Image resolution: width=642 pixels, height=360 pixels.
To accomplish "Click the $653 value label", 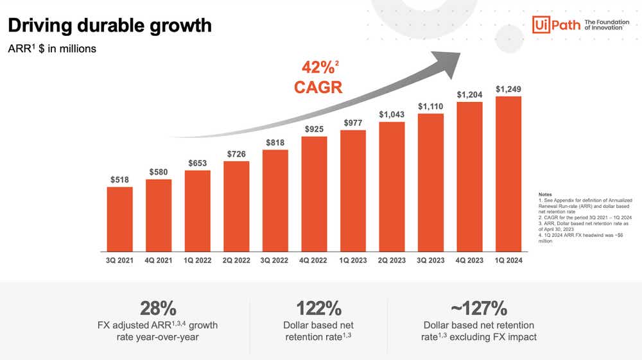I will (197, 164).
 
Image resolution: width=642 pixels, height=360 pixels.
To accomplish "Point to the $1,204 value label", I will (469, 94).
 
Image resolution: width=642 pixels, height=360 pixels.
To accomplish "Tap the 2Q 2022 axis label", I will (236, 261).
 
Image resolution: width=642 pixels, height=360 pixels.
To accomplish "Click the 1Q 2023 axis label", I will (352, 261).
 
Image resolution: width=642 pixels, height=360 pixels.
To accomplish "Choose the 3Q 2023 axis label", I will (431, 261).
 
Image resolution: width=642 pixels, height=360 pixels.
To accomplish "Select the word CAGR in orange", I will (318, 87).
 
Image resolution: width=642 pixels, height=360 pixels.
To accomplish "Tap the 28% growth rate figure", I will (158, 307).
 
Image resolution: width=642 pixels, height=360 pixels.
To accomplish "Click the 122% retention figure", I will (318, 307).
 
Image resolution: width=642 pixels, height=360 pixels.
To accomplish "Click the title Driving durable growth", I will (108, 26).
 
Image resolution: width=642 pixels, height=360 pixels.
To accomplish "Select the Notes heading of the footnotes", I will (545, 194).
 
